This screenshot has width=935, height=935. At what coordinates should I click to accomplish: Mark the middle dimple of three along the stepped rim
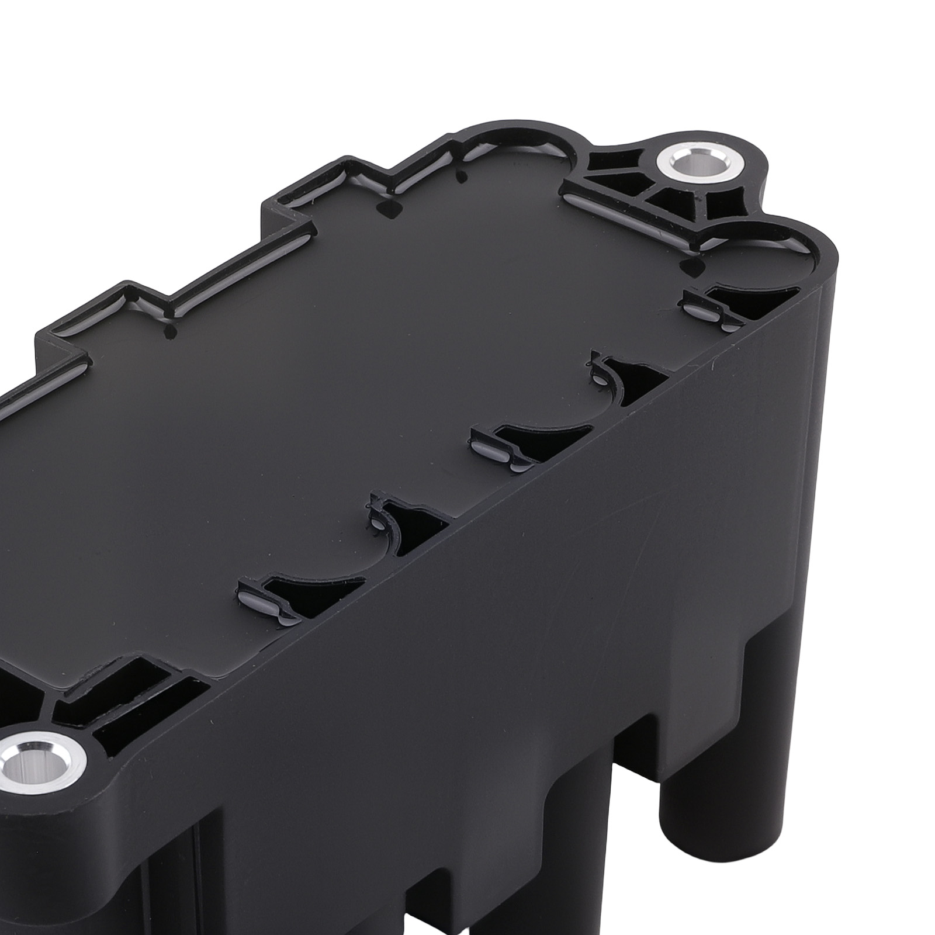pyautogui.click(x=386, y=209)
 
